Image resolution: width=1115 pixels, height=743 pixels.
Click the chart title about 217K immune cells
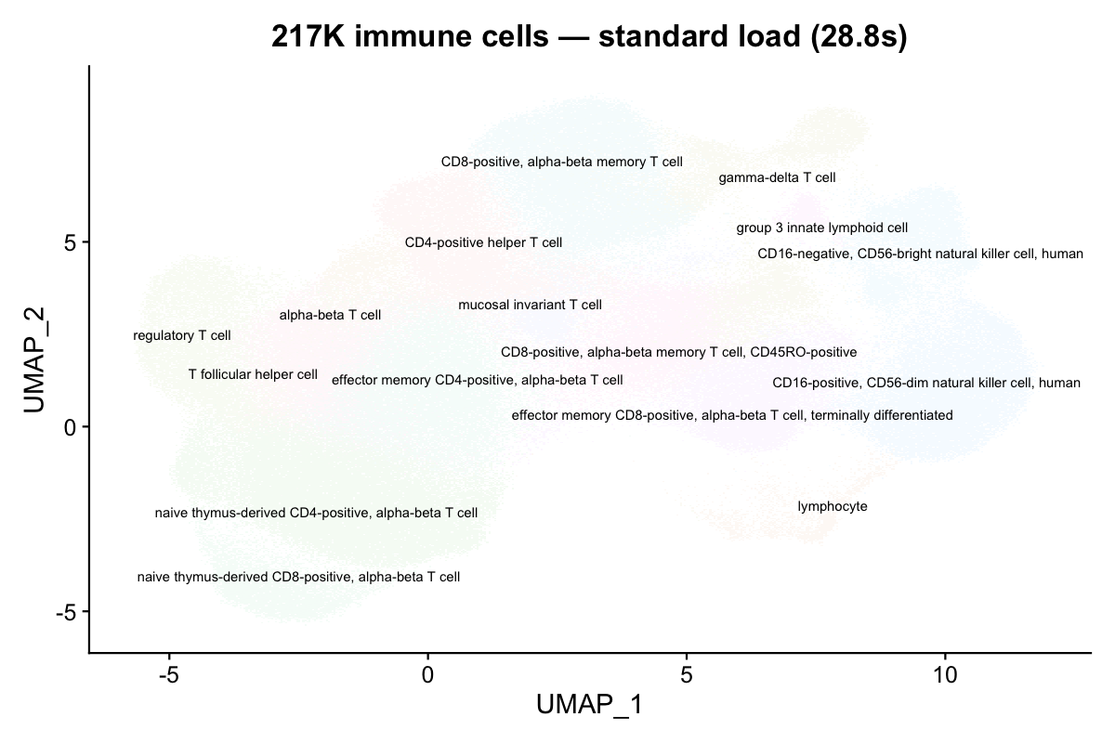588,37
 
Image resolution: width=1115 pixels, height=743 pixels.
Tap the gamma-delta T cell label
777,177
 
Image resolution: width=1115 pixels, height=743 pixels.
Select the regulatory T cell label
182,335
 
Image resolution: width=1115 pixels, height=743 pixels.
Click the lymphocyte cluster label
833,507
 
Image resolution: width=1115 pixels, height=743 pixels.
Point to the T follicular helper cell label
253,375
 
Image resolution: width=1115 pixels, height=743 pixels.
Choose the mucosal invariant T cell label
530,305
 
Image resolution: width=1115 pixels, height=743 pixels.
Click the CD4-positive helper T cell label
483,243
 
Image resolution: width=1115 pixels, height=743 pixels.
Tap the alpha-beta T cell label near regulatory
330,316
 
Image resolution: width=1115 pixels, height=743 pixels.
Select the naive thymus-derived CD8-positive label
298,577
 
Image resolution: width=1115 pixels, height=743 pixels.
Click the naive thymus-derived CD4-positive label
317,513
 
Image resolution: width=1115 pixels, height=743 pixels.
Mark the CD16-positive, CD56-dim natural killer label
926,383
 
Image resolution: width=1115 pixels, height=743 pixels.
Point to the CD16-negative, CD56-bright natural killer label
920,254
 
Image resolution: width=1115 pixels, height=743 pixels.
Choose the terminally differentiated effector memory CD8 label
732,416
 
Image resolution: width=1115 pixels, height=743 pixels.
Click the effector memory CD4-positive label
478,381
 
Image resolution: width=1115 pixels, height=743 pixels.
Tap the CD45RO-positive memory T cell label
678,353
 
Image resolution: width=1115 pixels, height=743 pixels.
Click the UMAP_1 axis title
589,706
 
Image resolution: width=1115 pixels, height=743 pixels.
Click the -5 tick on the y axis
69,612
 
